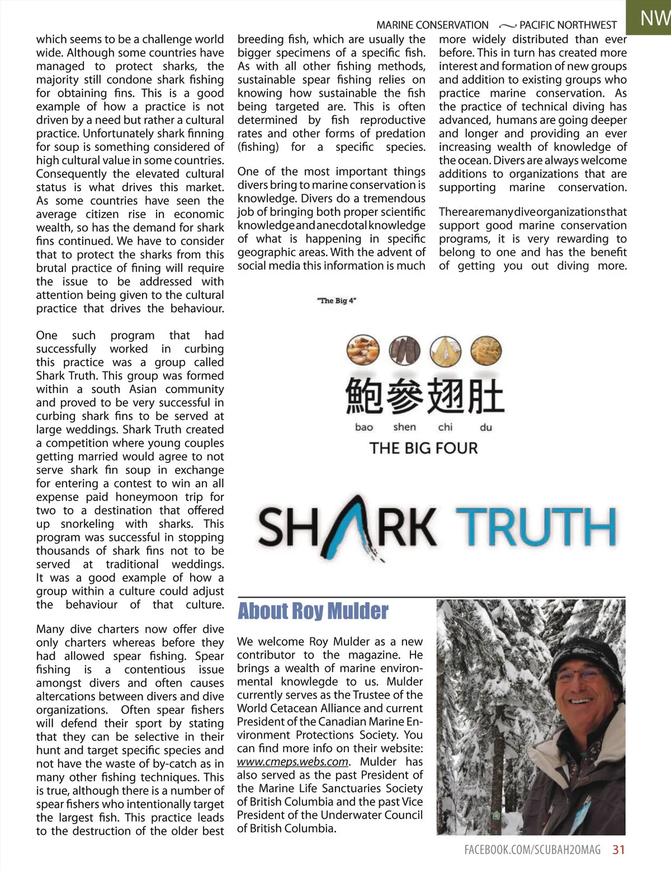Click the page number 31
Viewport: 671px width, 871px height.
point(618,850)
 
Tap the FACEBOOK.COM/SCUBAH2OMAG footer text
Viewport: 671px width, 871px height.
point(532,850)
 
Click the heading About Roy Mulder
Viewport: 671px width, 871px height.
point(313,612)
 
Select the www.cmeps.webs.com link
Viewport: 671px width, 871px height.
point(292,761)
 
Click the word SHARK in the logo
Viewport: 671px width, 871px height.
point(347,527)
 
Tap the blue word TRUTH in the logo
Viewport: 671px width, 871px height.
point(536,527)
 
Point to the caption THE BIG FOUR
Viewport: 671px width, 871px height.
point(424,448)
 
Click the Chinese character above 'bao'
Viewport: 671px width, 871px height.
point(363,395)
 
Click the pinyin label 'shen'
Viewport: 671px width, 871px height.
point(404,427)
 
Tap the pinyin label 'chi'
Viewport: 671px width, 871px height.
point(445,427)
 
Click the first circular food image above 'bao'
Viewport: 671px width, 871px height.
point(363,351)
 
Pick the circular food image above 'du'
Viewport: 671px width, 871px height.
point(486,351)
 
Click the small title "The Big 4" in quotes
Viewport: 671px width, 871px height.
point(336,301)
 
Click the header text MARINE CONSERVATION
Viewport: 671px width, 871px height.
point(432,25)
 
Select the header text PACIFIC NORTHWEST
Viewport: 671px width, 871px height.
point(568,25)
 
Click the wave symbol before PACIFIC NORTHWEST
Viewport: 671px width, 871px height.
point(507,26)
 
